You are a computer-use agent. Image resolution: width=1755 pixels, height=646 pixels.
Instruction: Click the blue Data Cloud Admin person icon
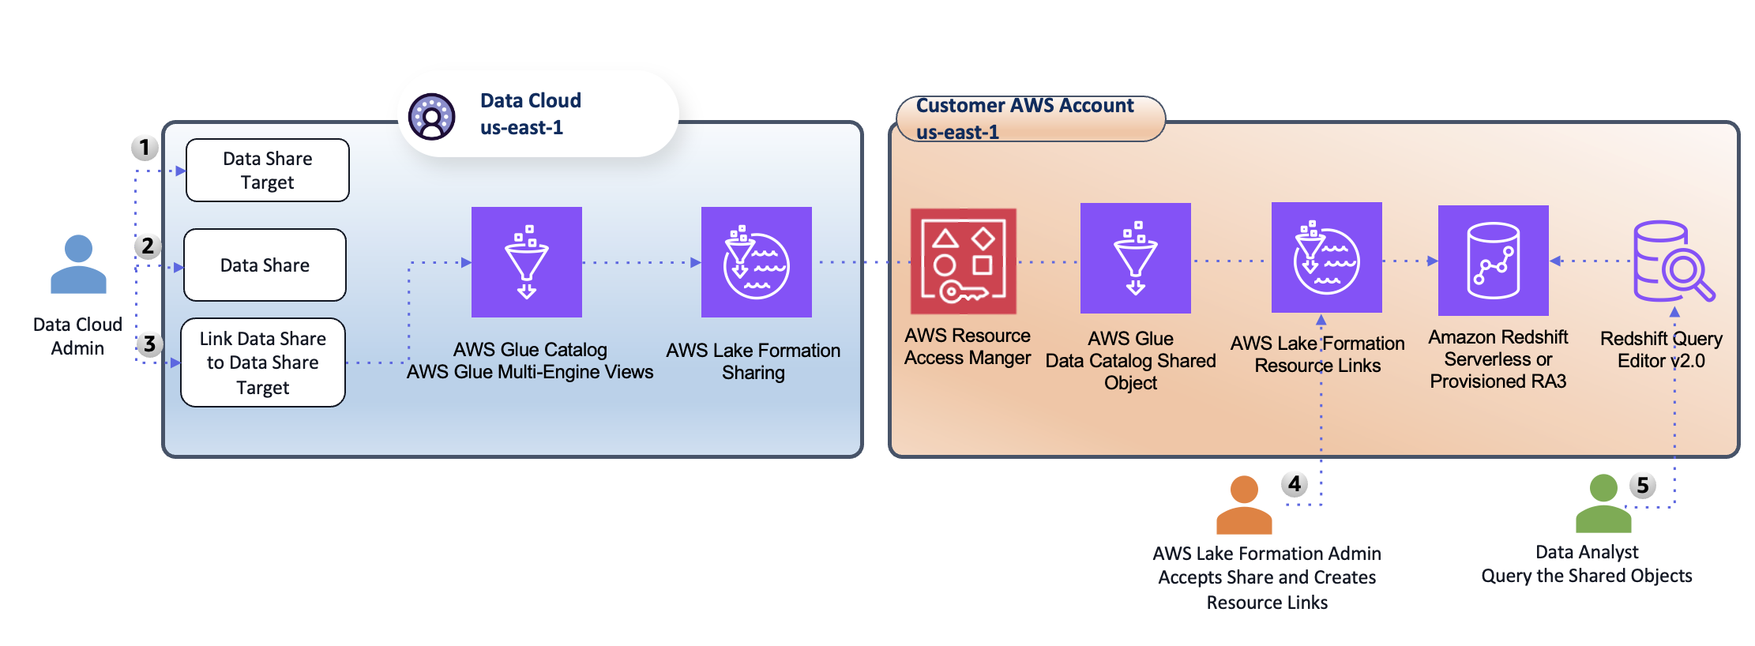click(x=78, y=265)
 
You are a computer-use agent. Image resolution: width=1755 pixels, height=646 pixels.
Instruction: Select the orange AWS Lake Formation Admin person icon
click(x=1244, y=505)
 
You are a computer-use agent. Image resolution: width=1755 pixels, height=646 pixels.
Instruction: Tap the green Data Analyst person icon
click(x=1603, y=504)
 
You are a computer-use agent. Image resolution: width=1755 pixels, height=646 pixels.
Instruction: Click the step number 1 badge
click(x=145, y=148)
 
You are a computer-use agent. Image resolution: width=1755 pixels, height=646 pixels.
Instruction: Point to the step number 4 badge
click(x=1295, y=483)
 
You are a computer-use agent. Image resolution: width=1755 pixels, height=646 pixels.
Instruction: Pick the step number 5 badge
click(x=1643, y=485)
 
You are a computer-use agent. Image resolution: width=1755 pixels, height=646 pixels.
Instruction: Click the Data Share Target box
click(x=268, y=171)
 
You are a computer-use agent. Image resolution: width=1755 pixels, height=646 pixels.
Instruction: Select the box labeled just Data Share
click(x=265, y=265)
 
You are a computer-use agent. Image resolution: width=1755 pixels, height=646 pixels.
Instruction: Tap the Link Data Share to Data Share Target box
click(x=263, y=362)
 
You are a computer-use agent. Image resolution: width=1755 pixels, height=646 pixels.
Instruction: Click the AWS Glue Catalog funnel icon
click(x=527, y=262)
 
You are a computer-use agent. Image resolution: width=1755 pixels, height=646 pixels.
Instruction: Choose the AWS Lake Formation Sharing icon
click(x=757, y=262)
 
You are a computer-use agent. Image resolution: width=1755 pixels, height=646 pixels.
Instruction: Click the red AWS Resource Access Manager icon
click(x=964, y=261)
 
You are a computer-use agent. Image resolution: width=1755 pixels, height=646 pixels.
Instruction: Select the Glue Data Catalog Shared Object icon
click(x=1136, y=258)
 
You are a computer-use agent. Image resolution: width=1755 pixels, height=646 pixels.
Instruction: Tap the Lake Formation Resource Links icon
click(x=1327, y=257)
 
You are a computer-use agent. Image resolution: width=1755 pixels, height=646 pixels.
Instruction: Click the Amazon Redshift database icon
click(x=1494, y=261)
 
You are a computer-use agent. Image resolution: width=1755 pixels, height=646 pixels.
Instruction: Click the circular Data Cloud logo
click(x=431, y=117)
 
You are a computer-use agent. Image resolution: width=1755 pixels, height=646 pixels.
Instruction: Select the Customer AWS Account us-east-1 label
click(x=1025, y=118)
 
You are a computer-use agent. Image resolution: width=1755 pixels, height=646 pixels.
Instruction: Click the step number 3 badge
click(x=149, y=344)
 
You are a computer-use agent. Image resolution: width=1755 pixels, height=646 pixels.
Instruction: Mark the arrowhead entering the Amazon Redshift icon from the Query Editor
click(x=1555, y=261)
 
